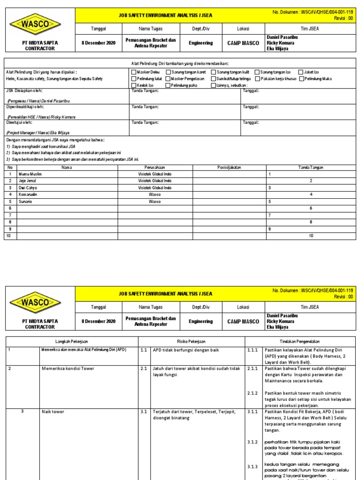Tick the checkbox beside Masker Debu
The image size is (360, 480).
133,72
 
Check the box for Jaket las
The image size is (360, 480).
300,72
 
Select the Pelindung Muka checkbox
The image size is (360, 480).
301,79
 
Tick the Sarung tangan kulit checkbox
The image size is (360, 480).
214,72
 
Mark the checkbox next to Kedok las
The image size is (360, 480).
133,85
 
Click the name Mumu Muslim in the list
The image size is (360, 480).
30,174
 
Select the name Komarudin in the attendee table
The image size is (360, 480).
28,194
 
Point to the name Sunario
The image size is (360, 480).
26,201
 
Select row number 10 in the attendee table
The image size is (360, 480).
7,236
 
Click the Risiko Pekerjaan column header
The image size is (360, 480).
191,341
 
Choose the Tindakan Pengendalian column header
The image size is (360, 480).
300,341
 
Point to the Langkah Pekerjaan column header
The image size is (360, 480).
72,341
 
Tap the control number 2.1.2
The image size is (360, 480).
252,393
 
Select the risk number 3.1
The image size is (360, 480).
144,412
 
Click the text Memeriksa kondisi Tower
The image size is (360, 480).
67,369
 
